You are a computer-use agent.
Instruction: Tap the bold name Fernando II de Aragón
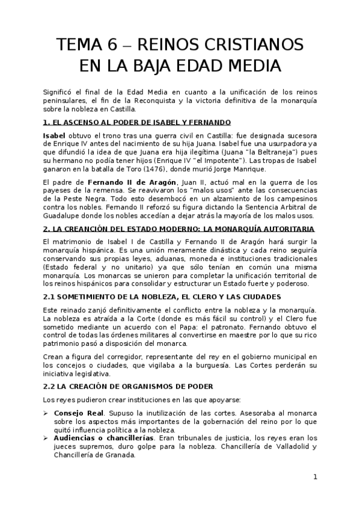point(126,182)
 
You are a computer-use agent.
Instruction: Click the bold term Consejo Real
point(79,414)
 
